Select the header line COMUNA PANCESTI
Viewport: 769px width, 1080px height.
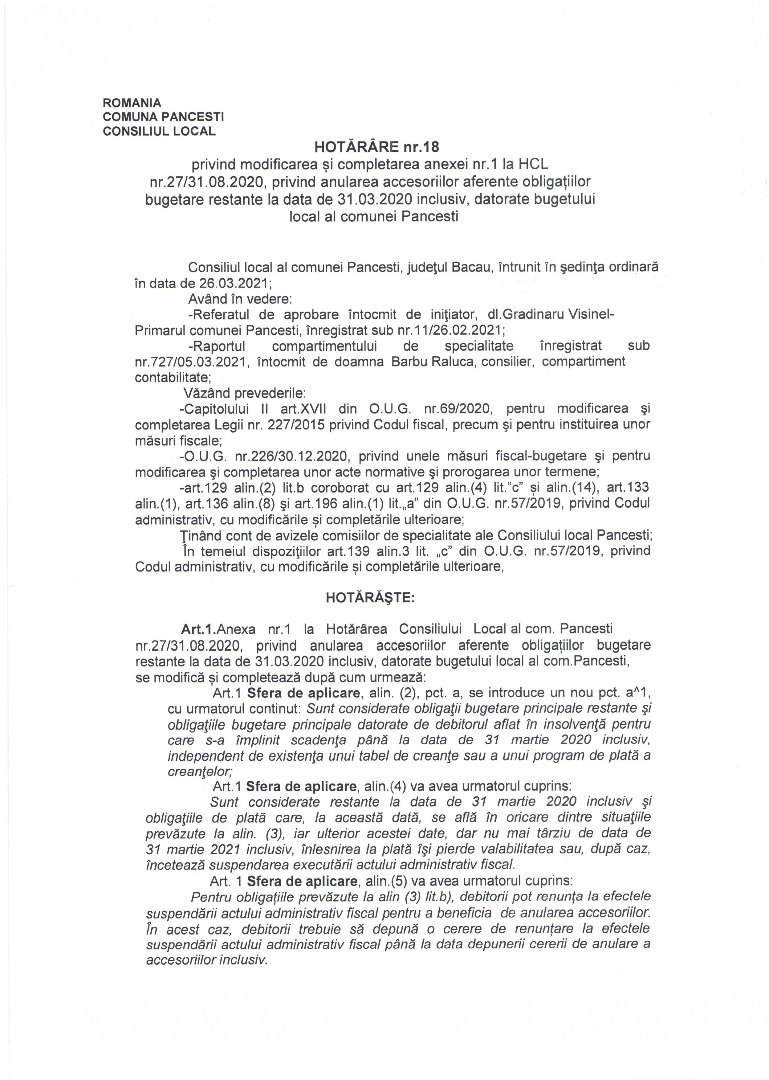pyautogui.click(x=163, y=117)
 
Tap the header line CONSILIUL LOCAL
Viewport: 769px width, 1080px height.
pyautogui.click(x=159, y=131)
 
